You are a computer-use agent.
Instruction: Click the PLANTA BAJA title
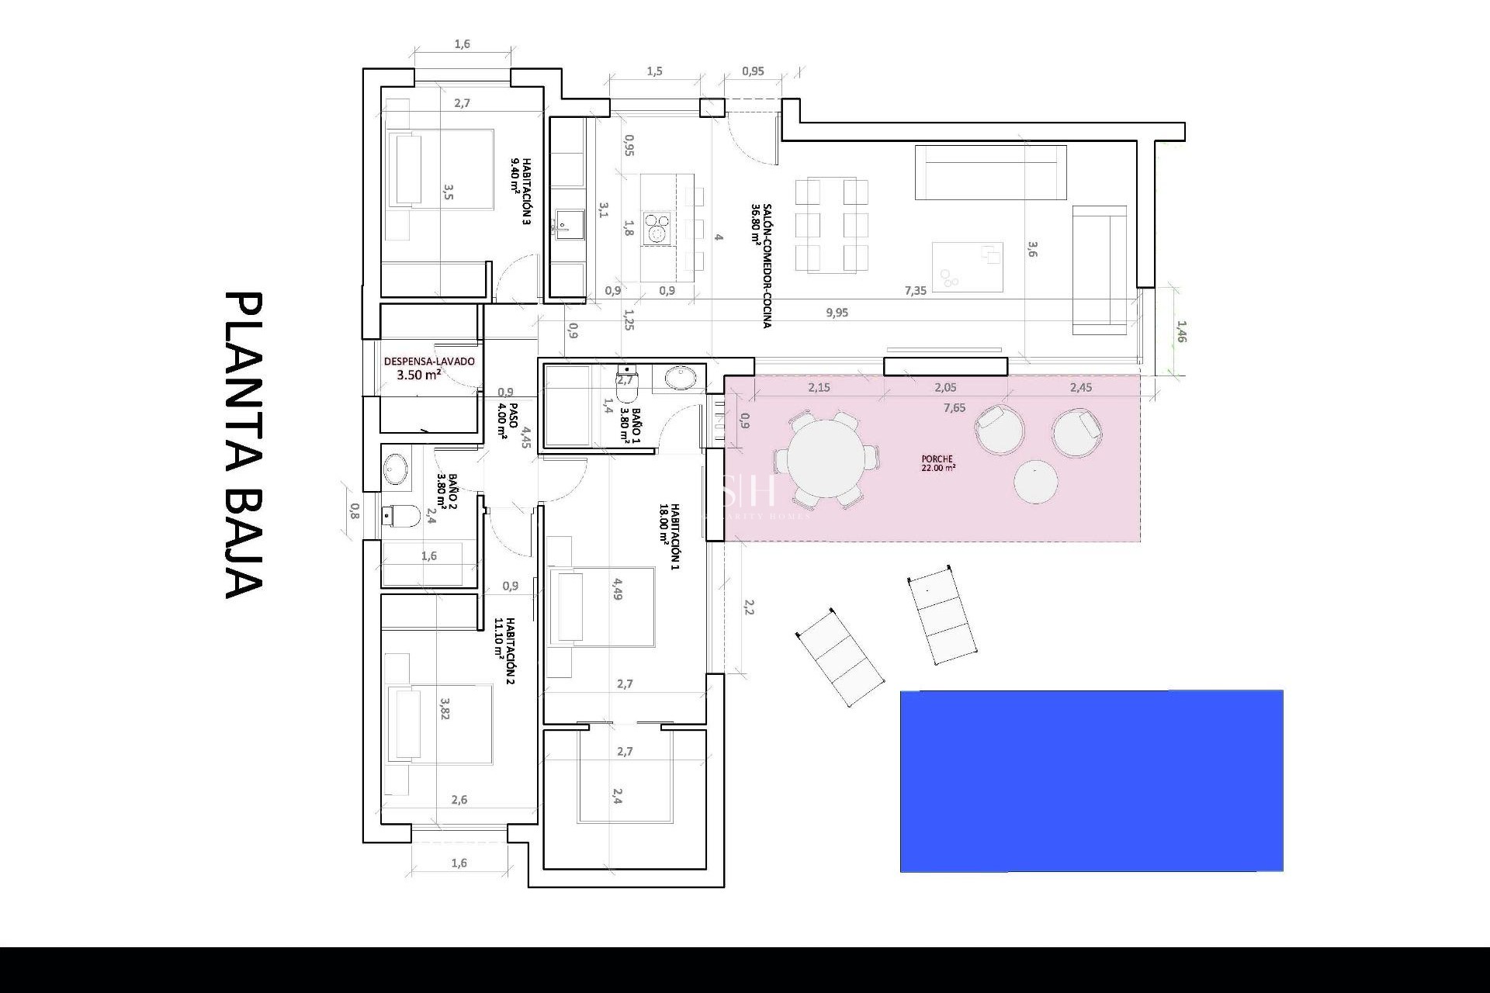244,445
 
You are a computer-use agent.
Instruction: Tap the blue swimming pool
1091,780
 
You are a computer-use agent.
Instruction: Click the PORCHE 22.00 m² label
938,463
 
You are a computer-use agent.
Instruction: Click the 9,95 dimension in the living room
837,313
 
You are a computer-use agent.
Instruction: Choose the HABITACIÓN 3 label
521,191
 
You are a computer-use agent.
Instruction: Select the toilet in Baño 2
402,515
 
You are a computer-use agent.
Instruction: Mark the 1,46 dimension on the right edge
1181,332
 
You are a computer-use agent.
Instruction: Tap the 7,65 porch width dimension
955,408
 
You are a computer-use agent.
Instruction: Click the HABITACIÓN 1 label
670,537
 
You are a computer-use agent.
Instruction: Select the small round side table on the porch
1036,482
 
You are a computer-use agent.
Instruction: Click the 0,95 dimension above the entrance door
753,71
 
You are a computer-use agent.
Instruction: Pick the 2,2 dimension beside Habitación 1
749,606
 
